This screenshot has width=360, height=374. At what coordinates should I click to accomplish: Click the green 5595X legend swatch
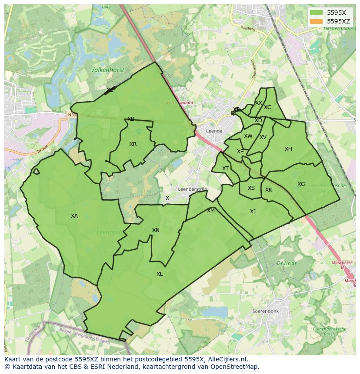click(x=317, y=13)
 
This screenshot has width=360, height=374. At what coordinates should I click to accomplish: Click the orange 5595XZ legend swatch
click(x=317, y=21)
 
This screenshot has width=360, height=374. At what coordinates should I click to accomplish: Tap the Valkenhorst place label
click(x=107, y=70)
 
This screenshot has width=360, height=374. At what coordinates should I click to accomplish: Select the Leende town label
click(x=214, y=131)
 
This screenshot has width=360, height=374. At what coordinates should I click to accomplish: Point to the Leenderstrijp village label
click(x=193, y=189)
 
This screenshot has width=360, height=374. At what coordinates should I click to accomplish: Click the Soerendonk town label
click(x=265, y=311)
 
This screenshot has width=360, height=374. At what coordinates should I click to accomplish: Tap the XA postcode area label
click(x=74, y=216)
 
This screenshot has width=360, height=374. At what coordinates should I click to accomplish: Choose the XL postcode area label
click(x=160, y=274)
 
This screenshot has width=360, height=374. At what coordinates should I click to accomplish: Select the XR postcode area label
click(x=133, y=144)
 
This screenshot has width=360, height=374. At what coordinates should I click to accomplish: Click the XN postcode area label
click(x=156, y=230)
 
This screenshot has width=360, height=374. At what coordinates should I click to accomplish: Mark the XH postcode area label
click(x=288, y=149)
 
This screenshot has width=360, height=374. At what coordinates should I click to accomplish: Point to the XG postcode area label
click(x=301, y=184)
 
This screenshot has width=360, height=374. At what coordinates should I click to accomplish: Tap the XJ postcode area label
click(x=253, y=212)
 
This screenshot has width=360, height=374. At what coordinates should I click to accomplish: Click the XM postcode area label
click(x=211, y=211)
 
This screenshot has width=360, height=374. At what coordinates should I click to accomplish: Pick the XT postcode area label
click(x=225, y=169)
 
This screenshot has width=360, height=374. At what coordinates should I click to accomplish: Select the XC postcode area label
click(x=267, y=107)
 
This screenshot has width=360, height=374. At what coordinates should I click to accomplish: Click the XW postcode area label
click(x=248, y=136)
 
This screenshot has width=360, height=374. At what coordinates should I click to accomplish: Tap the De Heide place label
click(x=287, y=263)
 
